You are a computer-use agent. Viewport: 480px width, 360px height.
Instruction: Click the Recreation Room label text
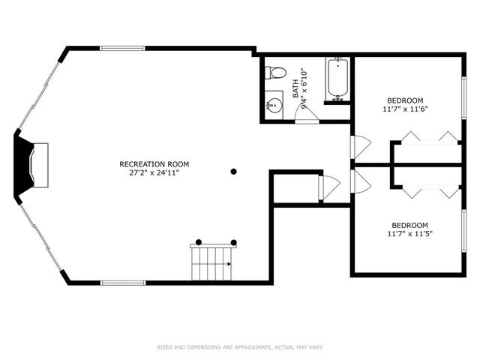(154, 163)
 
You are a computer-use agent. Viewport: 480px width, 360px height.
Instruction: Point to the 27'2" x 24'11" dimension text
(154, 172)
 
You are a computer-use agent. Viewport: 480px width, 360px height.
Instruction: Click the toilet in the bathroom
(277, 73)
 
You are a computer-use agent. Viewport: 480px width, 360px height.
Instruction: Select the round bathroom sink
(274, 105)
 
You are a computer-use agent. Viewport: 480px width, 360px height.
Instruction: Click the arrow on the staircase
(229, 264)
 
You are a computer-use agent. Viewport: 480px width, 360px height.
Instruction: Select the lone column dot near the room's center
(234, 172)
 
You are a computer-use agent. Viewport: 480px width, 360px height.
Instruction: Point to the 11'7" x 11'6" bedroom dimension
(405, 109)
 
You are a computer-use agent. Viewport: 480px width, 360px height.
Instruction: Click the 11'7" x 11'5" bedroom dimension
(409, 234)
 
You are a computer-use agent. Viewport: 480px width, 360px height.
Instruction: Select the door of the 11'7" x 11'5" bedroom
(360, 181)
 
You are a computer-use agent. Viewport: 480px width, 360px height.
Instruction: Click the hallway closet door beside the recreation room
(328, 187)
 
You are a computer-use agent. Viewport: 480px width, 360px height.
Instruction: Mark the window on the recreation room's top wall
(122, 49)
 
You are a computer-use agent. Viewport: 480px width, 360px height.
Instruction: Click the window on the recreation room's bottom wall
(122, 283)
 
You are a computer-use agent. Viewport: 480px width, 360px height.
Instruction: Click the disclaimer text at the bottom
(239, 347)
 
